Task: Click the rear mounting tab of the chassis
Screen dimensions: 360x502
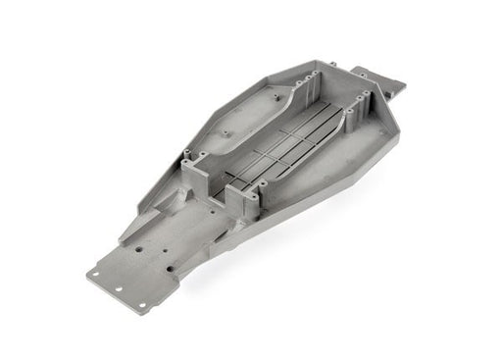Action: [x=376, y=78]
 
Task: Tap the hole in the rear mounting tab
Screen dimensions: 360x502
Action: [x=371, y=76]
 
